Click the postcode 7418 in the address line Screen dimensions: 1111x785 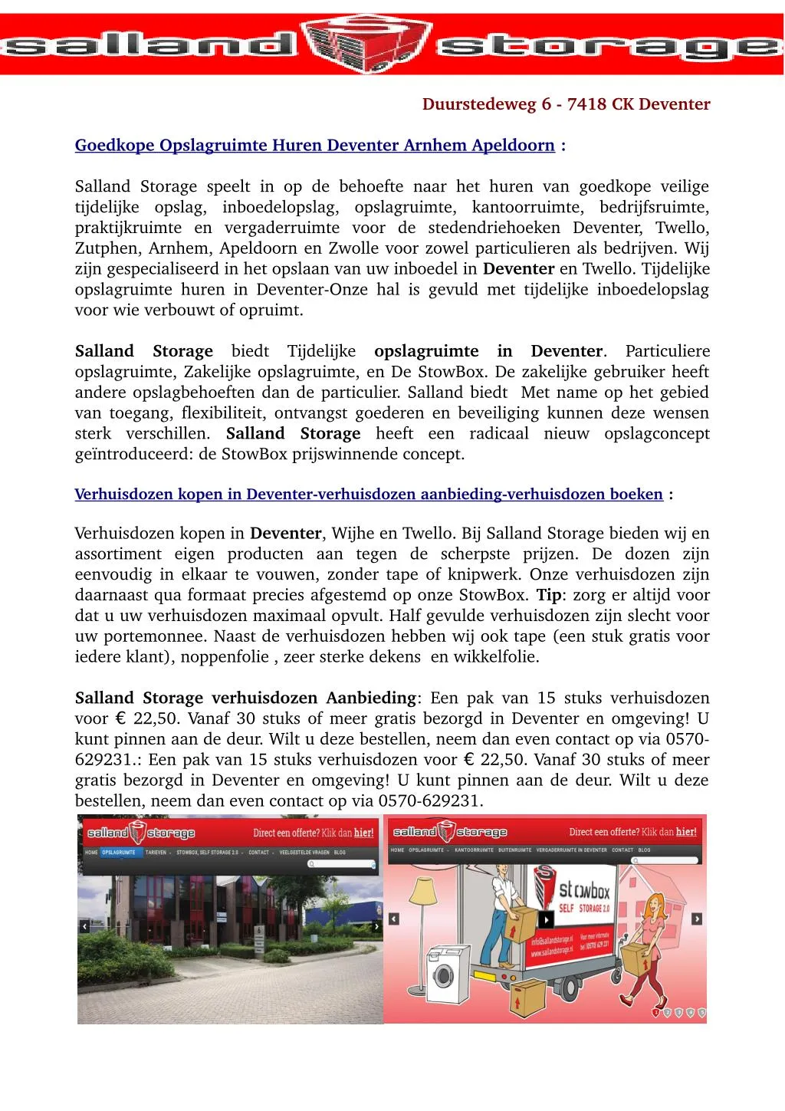point(586,104)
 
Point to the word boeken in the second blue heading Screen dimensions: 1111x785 point(636,495)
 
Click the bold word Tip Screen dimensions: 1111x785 point(548,596)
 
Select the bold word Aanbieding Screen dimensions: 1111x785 point(371,698)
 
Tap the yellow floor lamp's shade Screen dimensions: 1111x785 point(424,889)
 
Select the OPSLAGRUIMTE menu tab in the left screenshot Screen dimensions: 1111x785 point(119,852)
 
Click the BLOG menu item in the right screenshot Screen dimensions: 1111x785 point(645,850)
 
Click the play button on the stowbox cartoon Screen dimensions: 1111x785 point(546,919)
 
